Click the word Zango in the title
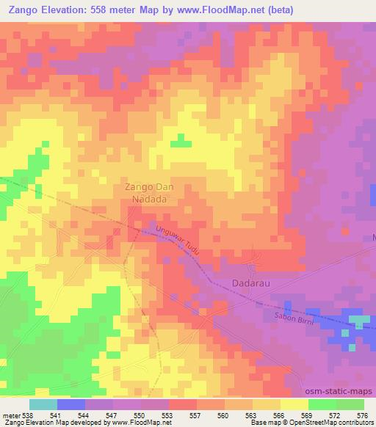tap(25, 11)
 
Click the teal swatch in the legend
tap(43, 404)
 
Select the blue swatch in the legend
tap(71, 404)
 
